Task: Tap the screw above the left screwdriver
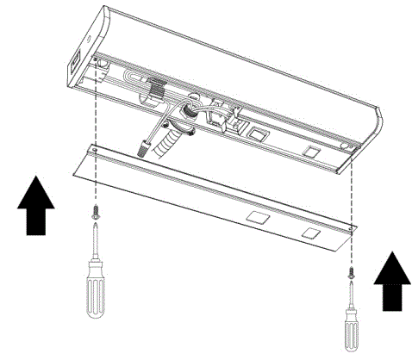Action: (93, 209)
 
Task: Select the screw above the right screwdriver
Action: (351, 274)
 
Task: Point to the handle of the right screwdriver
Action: (351, 327)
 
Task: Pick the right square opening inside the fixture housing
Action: (309, 152)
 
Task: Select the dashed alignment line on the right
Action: (351, 198)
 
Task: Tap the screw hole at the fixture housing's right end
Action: (347, 148)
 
